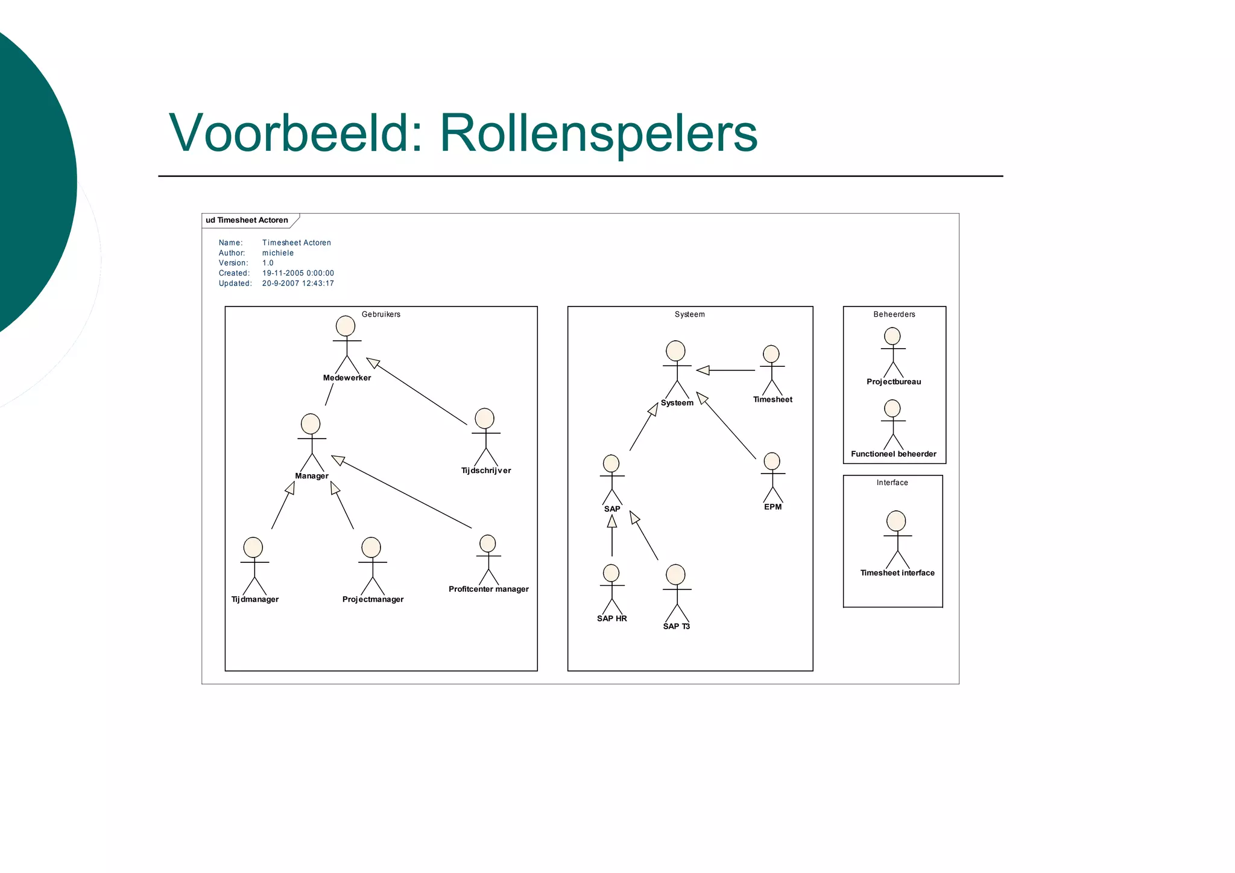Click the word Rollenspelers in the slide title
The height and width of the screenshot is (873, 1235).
[x=598, y=133]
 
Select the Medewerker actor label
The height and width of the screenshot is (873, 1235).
[x=347, y=378]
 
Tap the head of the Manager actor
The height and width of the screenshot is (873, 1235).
[x=311, y=424]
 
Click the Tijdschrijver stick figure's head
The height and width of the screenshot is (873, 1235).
[x=484, y=419]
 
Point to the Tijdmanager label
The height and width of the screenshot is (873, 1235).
[x=255, y=600]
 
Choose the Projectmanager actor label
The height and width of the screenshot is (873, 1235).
[x=373, y=600]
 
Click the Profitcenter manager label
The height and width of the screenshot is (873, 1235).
[x=488, y=589]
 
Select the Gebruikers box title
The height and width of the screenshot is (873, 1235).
[x=381, y=314]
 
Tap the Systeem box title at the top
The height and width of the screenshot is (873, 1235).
[x=689, y=314]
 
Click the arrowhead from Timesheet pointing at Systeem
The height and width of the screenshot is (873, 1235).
[x=703, y=370]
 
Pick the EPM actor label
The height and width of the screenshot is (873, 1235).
[x=772, y=507]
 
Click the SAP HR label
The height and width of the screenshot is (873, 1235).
[x=611, y=619]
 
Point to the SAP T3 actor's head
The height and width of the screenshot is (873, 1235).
[x=675, y=574]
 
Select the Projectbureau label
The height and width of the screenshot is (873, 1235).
[x=894, y=382]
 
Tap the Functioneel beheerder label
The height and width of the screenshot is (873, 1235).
[x=894, y=454]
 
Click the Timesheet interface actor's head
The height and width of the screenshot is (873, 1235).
[x=896, y=521]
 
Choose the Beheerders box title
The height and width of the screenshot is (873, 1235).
[x=894, y=314]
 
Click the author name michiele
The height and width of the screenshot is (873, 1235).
[x=278, y=253]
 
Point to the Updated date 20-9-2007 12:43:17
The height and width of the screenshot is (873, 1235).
[x=298, y=284]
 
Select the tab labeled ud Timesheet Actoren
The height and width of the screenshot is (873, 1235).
[x=247, y=220]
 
